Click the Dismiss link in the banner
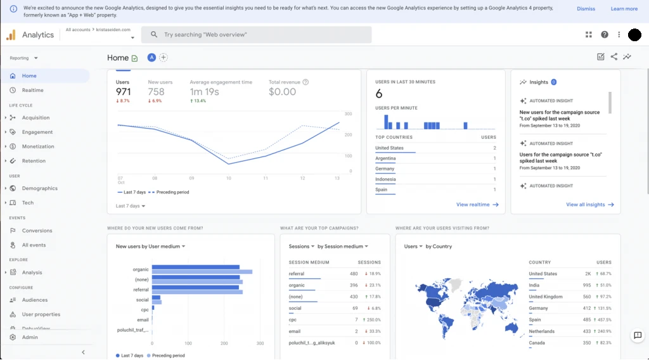pyautogui.click(x=586, y=9)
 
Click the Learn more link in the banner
pyautogui.click(x=624, y=9)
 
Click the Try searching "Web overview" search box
pyautogui.click(x=256, y=35)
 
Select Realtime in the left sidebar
pyautogui.click(x=32, y=91)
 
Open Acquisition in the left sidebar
pyautogui.click(x=35, y=117)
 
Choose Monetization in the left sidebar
pyautogui.click(x=38, y=146)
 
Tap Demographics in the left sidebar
pyautogui.click(x=39, y=188)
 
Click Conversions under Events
pyautogui.click(x=37, y=231)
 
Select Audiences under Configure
pyautogui.click(x=35, y=300)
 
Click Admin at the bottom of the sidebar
pyautogui.click(x=30, y=337)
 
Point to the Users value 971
pyautogui.click(x=124, y=92)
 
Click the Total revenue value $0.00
pyautogui.click(x=282, y=92)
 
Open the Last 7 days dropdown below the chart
pyautogui.click(x=131, y=206)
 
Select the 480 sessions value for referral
pyautogui.click(x=354, y=274)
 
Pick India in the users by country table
pyautogui.click(x=535, y=285)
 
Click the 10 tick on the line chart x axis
pyautogui.click(x=229, y=178)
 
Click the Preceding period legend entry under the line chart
pyautogui.click(x=172, y=192)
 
